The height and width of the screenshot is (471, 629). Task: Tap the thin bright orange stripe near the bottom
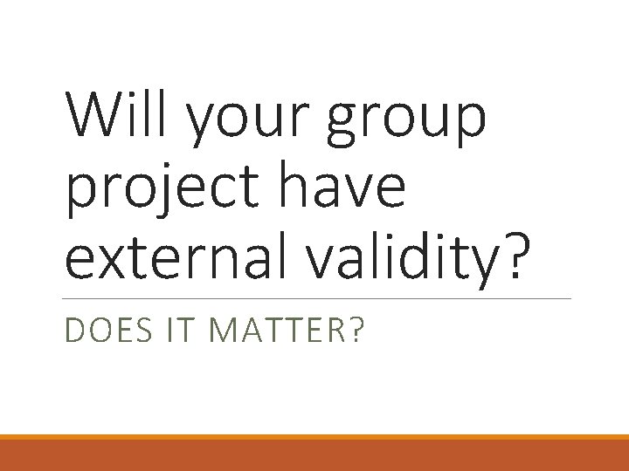tap(314, 437)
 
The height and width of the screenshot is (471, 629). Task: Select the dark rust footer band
tap(314, 455)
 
